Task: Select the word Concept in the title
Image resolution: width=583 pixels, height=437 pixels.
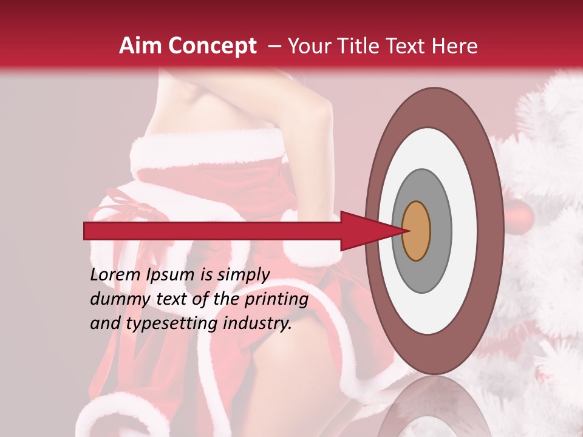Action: (212, 46)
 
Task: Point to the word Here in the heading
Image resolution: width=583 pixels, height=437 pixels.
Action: (454, 46)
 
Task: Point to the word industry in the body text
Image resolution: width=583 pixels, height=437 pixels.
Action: (257, 323)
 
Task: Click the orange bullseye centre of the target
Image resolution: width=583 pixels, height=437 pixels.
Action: (417, 231)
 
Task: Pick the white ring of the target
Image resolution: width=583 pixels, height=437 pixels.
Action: (464, 231)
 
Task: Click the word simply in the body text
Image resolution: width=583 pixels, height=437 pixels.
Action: (243, 274)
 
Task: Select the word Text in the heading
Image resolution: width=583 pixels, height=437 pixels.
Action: (411, 46)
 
